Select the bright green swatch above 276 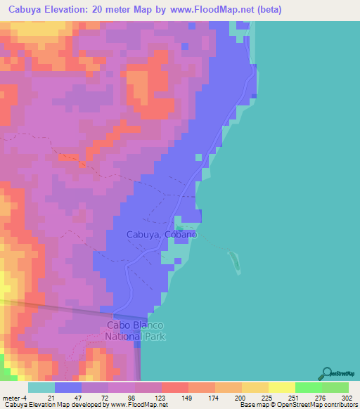(309, 387)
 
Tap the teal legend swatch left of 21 (41, 387)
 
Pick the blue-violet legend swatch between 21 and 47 (68, 387)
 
